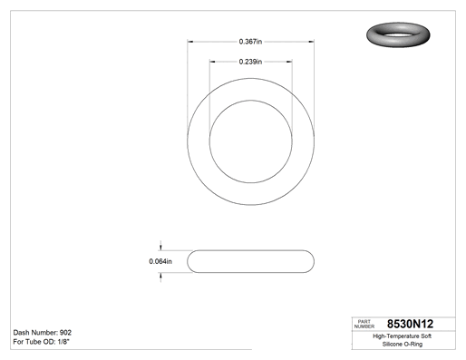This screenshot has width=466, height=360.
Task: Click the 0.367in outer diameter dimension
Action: (x=250, y=42)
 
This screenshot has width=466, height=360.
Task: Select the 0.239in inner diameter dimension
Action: (x=250, y=62)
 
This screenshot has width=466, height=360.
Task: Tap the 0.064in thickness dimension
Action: (x=160, y=261)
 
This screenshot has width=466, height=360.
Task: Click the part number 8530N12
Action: (x=410, y=324)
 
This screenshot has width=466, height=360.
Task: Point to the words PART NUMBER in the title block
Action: (x=364, y=324)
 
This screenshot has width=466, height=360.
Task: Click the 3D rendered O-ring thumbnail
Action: (x=398, y=34)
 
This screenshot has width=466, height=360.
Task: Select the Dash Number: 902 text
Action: (x=43, y=333)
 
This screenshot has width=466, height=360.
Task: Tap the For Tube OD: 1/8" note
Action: (x=42, y=342)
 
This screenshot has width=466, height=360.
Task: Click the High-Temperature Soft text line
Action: (x=402, y=336)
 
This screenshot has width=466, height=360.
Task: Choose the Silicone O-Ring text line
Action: (x=403, y=344)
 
